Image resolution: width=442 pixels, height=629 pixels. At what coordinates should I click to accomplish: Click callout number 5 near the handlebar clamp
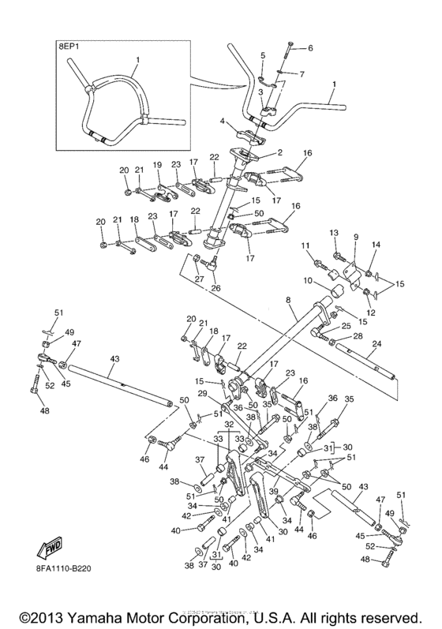(x=263, y=54)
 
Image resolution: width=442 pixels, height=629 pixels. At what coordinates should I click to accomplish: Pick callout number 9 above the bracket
(x=356, y=237)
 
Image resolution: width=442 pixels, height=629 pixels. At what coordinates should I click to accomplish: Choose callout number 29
(x=202, y=393)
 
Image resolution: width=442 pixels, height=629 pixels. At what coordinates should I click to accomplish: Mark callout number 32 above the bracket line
(x=230, y=424)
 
